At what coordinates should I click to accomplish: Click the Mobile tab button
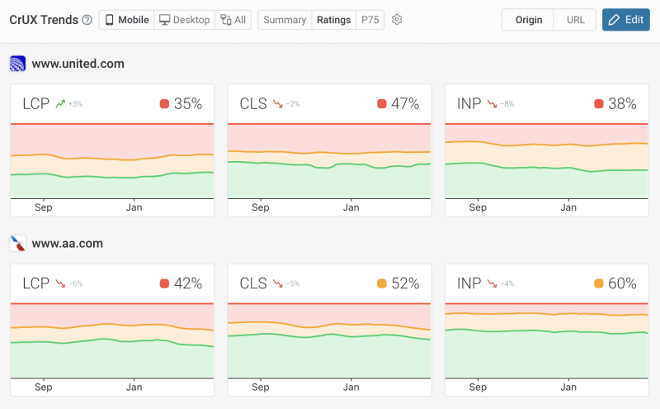point(126,20)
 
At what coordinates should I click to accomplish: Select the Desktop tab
point(184,20)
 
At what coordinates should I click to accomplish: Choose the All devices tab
point(233,20)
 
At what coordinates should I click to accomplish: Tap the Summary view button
point(285,20)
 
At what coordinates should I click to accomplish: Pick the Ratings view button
point(333,20)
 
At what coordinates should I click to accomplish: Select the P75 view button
point(369,20)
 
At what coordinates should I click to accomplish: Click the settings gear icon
point(397,20)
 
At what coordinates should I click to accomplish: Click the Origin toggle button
point(527,20)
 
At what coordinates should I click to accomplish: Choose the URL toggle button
point(574,20)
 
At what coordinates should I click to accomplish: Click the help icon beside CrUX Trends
point(87,20)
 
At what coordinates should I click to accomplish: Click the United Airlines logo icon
point(17,64)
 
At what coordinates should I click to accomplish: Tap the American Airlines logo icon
point(17,244)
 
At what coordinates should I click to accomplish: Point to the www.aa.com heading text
point(67,244)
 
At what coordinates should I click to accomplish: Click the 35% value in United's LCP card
point(188,104)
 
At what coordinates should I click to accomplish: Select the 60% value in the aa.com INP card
point(622,284)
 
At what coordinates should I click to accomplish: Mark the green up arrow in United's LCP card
point(59,104)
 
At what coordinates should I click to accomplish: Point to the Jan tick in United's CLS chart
point(351,207)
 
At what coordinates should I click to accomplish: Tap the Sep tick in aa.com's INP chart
point(478,387)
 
